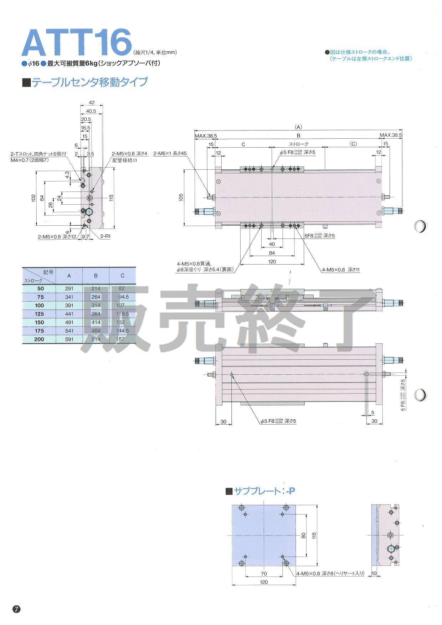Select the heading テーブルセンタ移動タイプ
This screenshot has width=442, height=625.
89,82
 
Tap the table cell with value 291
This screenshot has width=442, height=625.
69,288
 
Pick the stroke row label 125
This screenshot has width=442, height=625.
39,314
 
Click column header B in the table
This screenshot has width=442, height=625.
96,275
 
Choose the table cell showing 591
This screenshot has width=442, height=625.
69,339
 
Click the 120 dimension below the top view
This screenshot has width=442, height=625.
272,261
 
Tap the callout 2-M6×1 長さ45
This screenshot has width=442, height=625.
170,153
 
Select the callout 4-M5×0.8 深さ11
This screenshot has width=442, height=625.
341,270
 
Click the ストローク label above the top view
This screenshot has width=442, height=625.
298,144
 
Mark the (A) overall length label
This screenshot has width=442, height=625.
298,127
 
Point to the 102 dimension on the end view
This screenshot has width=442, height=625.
33,198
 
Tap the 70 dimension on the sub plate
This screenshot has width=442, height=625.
264,574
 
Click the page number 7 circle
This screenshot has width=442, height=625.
17,609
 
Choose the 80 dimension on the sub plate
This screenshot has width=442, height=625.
303,535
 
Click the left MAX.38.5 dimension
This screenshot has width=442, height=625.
206,135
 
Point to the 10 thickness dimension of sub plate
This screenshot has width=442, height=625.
374,574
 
